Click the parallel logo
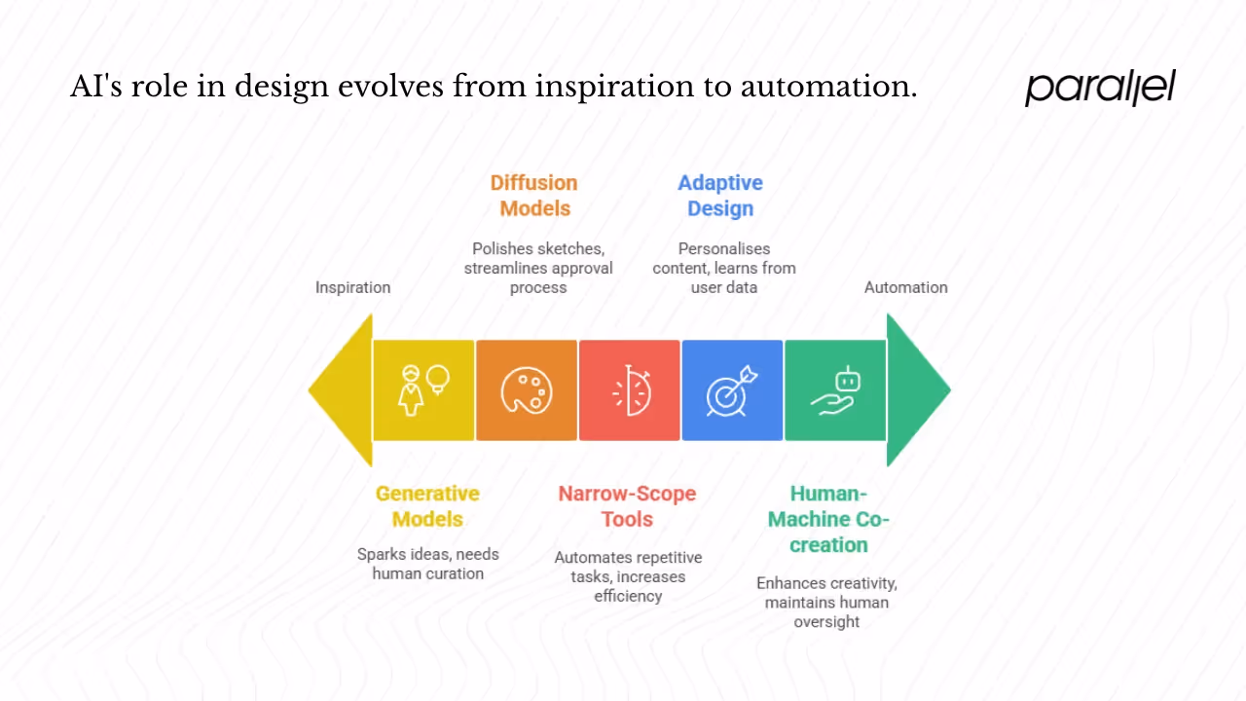pyautogui.click(x=1100, y=88)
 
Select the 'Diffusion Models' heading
pyautogui.click(x=533, y=196)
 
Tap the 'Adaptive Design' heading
pyautogui.click(x=720, y=196)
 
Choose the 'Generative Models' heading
pyautogui.click(x=427, y=506)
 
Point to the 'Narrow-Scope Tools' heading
pyautogui.click(x=627, y=506)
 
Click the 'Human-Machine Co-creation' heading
pyautogui.click(x=828, y=519)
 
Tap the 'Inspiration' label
pyautogui.click(x=352, y=287)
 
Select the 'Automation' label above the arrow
pyautogui.click(x=905, y=287)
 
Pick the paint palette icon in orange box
pyautogui.click(x=527, y=390)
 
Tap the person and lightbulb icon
pyautogui.click(x=423, y=390)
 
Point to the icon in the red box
pyautogui.click(x=630, y=390)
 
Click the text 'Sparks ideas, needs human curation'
pyautogui.click(x=427, y=564)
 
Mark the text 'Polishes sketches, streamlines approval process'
pyautogui.click(x=537, y=268)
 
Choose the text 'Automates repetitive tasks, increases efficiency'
pyautogui.click(x=628, y=576)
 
